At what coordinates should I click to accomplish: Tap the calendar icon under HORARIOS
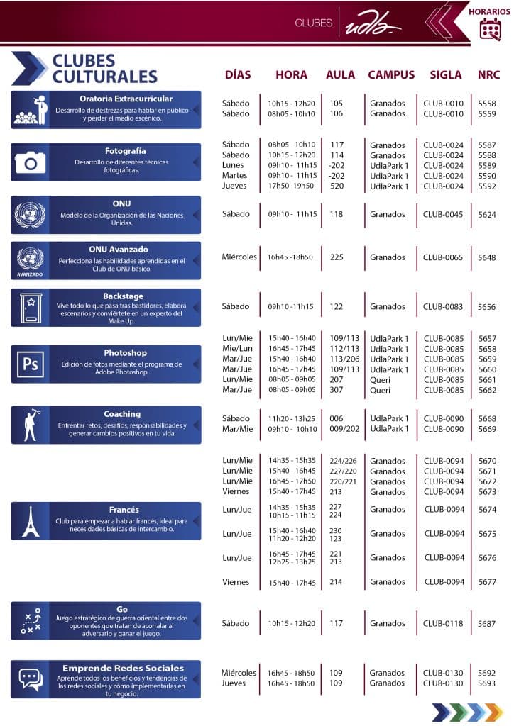[491, 28]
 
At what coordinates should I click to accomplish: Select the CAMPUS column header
[391, 74]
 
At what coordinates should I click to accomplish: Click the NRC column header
[488, 74]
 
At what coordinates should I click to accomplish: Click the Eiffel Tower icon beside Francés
[31, 521]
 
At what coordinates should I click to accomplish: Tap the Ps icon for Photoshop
[31, 364]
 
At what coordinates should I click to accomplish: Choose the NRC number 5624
[487, 214]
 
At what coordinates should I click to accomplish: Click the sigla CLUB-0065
[443, 257]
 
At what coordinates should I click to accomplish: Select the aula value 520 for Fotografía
[337, 186]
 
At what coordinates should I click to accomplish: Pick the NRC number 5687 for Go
[487, 624]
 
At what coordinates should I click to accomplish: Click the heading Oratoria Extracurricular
[126, 99]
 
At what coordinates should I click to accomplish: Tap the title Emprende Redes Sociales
[123, 668]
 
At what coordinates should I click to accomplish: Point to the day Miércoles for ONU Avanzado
[239, 257]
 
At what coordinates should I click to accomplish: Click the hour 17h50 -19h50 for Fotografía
[291, 186]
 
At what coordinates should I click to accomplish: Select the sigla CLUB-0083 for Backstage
[443, 307]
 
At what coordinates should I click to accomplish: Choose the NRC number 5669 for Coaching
[487, 429]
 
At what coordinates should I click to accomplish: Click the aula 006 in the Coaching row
[336, 418]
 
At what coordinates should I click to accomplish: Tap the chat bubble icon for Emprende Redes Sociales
[31, 679]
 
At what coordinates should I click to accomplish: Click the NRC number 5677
[487, 582]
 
